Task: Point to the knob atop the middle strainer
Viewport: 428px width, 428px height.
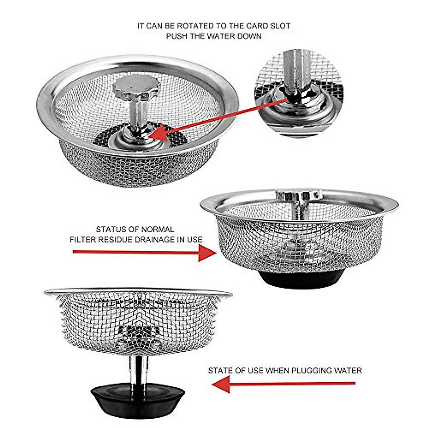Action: click(299, 195)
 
